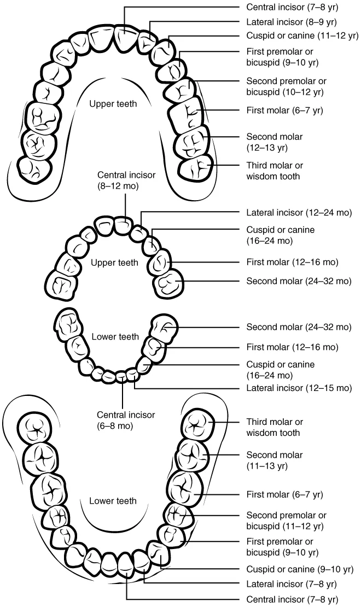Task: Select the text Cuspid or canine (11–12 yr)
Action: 302,36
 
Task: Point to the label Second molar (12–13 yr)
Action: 274,142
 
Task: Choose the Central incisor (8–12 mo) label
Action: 126,180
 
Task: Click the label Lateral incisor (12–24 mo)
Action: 299,212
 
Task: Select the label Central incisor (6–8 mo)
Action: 126,420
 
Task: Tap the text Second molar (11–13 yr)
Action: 274,460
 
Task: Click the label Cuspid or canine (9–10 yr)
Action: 300,569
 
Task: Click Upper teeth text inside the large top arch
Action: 113,104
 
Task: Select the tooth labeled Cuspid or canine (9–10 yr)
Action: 158,555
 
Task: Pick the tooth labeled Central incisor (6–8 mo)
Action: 122,376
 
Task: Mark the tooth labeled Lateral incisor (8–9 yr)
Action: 145,40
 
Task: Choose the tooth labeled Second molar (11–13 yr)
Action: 192,455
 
